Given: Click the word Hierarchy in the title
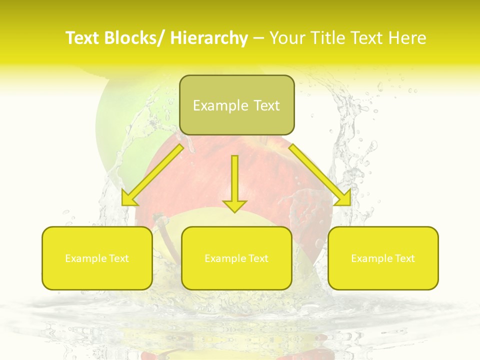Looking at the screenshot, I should (x=209, y=38).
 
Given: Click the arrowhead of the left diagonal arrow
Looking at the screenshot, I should (x=129, y=199).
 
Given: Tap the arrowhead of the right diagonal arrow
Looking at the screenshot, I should (x=344, y=199).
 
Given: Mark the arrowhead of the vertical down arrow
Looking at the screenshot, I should (x=235, y=205).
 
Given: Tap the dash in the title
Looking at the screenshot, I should (x=258, y=38).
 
